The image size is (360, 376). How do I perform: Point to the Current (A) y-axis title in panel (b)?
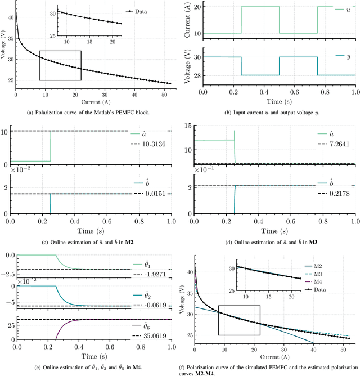click(x=187, y=21)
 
